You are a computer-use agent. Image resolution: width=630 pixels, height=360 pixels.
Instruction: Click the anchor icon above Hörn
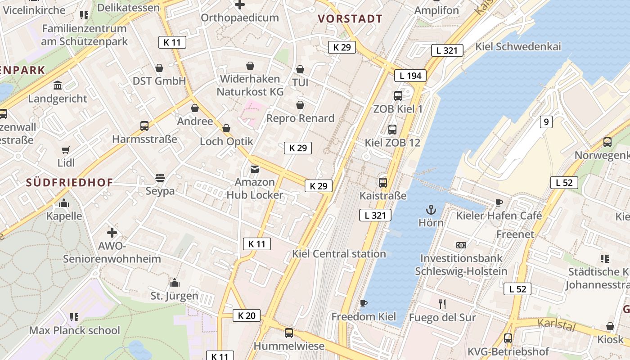431,210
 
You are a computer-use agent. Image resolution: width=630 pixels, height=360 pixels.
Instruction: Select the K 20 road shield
247,315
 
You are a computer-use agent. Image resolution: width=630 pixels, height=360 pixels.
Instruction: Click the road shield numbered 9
546,121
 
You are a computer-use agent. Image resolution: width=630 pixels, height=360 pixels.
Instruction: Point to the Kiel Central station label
339,254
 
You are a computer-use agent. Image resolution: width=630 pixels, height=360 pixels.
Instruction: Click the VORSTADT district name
350,19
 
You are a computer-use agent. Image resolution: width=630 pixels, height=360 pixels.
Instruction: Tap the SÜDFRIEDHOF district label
69,182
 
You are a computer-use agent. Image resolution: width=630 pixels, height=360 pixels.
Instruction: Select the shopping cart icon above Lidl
66,150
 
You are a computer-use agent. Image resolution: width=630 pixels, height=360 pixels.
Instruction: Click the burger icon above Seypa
160,178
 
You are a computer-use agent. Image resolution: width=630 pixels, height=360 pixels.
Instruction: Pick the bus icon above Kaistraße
383,182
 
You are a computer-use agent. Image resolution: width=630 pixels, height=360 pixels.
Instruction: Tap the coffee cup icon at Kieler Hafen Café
499,202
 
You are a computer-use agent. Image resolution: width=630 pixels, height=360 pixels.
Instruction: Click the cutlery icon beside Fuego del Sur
442,304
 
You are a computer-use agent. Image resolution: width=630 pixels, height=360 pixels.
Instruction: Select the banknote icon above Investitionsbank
461,245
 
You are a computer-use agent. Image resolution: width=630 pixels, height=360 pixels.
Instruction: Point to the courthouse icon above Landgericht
58,85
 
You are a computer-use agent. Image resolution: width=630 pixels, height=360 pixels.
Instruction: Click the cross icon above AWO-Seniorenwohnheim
112,233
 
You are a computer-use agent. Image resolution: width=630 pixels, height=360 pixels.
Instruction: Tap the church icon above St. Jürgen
174,283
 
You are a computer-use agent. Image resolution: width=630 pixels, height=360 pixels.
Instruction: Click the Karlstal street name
556,324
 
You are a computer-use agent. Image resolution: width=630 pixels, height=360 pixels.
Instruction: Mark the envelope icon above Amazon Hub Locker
255,169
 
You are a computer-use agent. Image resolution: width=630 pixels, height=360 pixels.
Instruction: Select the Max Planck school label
74,330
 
